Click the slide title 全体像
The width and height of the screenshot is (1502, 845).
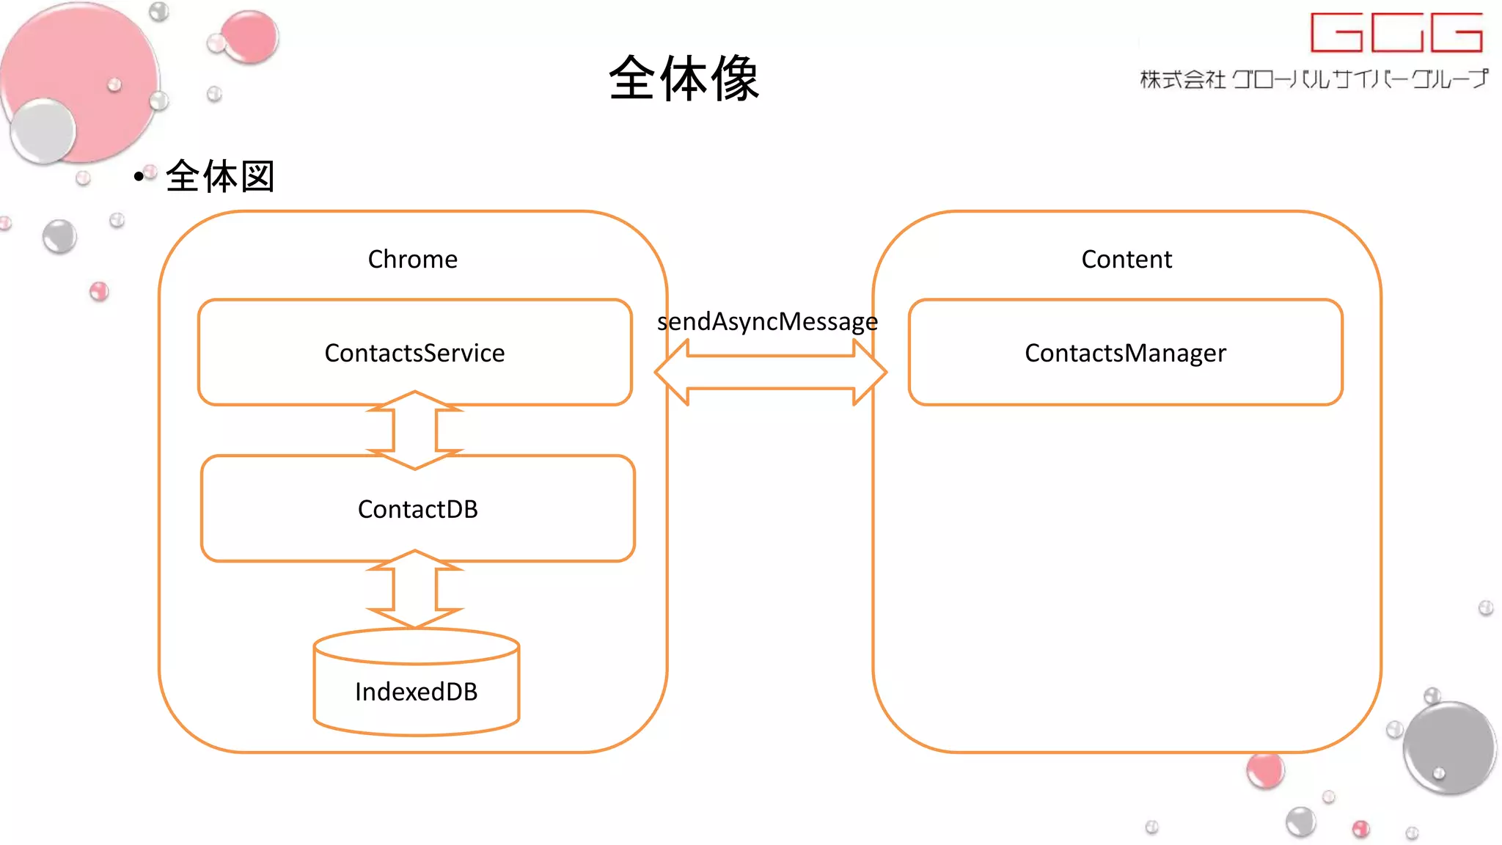[684, 78]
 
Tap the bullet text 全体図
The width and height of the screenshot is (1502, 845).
[220, 177]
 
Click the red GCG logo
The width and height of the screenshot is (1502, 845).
[1396, 32]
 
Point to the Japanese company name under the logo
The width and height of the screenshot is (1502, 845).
[1314, 79]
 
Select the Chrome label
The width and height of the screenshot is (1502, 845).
[412, 260]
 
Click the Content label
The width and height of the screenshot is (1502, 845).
[1126, 260]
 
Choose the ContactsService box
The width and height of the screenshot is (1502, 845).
[414, 353]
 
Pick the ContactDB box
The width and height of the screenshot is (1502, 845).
[417, 509]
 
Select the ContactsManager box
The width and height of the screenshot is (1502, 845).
[1125, 353]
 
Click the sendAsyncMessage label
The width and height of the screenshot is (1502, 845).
[767, 321]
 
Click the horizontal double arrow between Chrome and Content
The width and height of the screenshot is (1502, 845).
[770, 373]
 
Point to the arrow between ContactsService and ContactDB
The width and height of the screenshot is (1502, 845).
[415, 430]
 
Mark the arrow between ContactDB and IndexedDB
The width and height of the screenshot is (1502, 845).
[415, 589]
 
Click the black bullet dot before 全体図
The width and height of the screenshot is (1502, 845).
[139, 177]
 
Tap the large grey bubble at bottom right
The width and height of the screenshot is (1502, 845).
[1449, 748]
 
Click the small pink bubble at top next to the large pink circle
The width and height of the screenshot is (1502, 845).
[249, 36]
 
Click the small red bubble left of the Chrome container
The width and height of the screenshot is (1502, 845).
[99, 291]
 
